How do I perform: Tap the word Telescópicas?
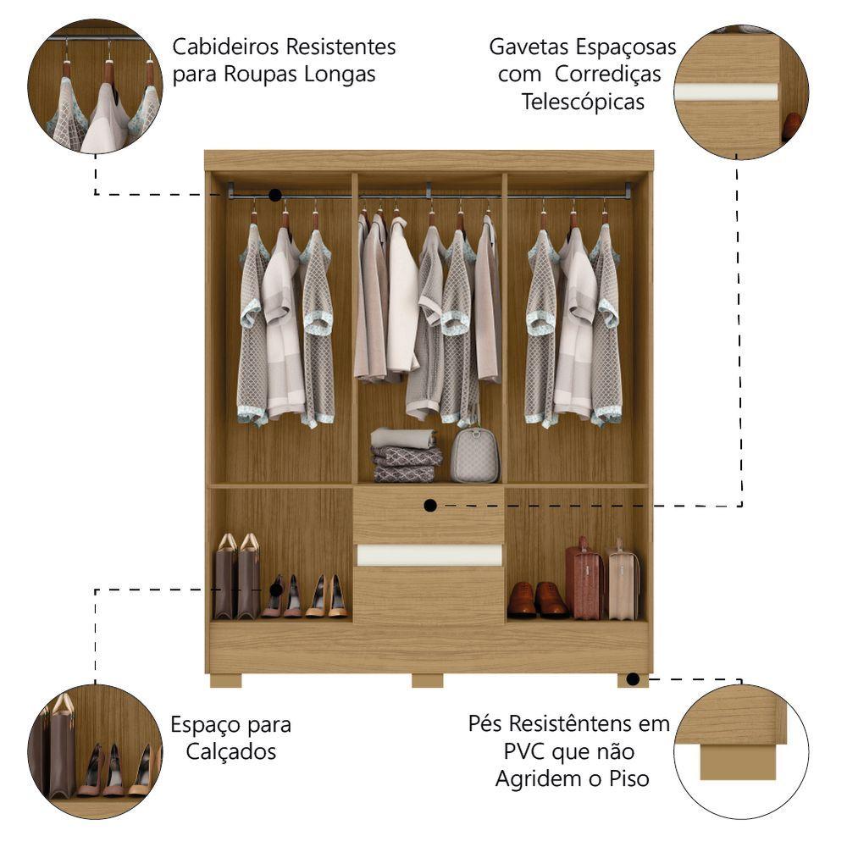tap(583, 102)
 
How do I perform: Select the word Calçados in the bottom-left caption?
tap(231, 752)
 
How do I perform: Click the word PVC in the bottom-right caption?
tap(526, 751)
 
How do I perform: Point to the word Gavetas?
tap(529, 47)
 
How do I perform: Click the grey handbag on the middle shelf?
tap(475, 455)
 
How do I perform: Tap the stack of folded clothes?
tap(407, 455)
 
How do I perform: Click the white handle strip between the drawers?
tap(429, 556)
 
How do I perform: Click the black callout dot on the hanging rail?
tap(275, 195)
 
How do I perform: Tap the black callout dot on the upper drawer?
tap(430, 506)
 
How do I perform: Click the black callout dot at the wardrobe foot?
tap(633, 679)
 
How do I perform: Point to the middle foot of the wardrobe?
tap(428, 681)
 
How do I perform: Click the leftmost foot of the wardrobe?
tap(226, 681)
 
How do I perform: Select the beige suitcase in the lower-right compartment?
tap(623, 580)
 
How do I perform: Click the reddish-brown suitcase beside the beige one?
tap(584, 579)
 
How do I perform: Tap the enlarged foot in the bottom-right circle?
tap(738, 762)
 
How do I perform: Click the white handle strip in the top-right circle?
tap(727, 91)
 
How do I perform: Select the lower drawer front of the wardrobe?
tap(429, 595)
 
